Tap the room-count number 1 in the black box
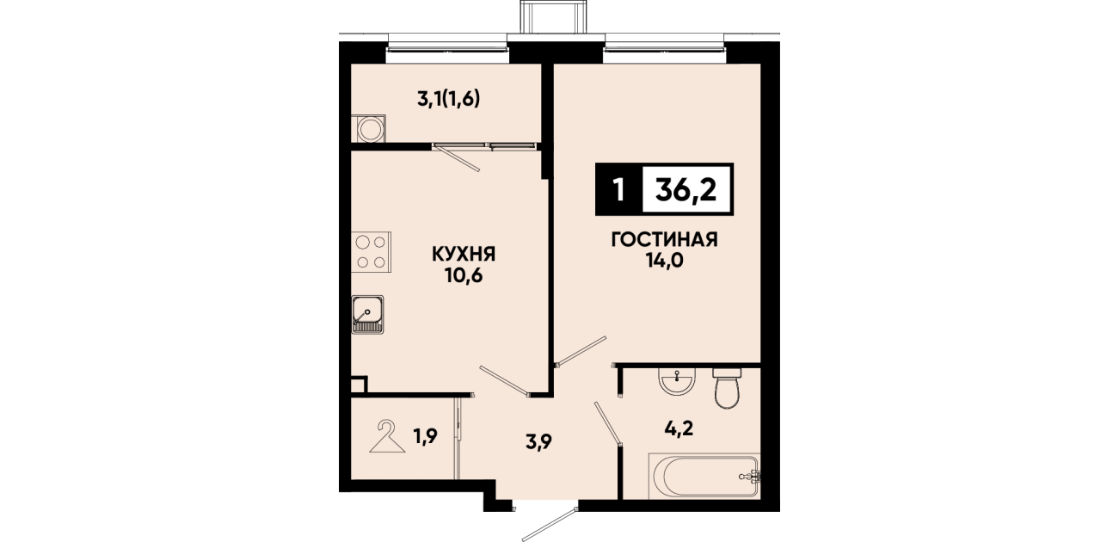pos(619,190)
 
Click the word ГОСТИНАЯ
pos(664,240)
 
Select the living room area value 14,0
pos(665,261)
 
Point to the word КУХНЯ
pos(464,255)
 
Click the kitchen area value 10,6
pos(464,275)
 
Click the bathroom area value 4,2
pos(679,428)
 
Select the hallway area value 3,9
pos(538,442)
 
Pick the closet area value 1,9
pos(425,436)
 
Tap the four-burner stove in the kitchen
pos(372,252)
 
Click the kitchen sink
pos(367,314)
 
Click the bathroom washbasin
pos(677,382)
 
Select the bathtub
pos(704,476)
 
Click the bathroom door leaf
pos(607,423)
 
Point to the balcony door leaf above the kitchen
pos(457,158)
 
